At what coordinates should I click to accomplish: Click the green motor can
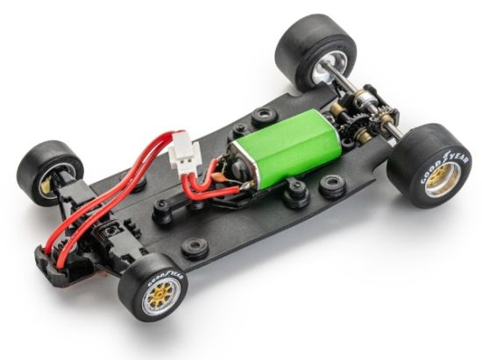[x=286, y=145]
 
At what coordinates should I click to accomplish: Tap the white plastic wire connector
[x=184, y=152]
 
